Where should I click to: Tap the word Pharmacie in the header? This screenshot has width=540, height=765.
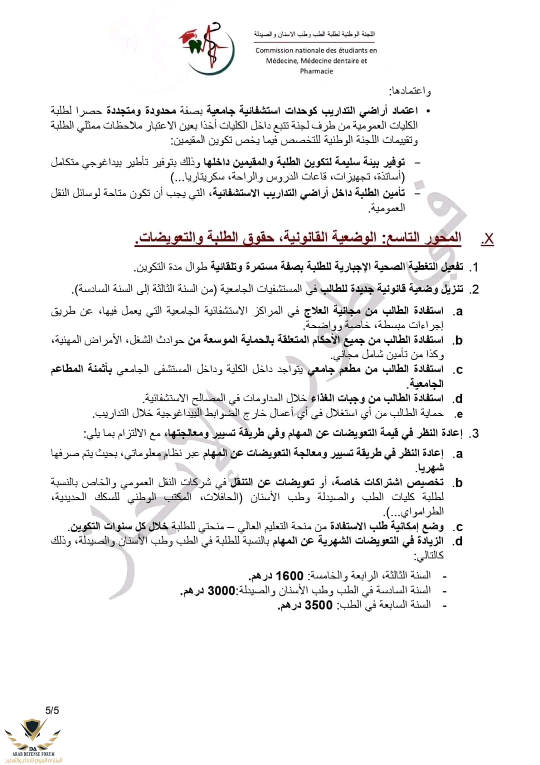tap(316, 71)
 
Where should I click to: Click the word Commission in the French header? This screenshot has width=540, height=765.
tap(274, 50)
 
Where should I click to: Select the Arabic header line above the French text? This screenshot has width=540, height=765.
tap(314, 34)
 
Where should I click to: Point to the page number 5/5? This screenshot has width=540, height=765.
tap(52, 710)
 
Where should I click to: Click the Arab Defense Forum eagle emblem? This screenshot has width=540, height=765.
tap(33, 732)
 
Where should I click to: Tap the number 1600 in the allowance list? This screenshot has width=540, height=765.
tap(289, 576)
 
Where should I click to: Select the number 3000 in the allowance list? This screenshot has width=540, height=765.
tap(221, 590)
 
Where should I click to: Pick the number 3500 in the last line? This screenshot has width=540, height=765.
tap(318, 605)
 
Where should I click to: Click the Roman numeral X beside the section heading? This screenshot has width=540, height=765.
tap(487, 239)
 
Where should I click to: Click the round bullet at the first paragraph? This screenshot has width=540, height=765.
tap(428, 110)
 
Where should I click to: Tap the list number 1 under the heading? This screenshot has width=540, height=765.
tap(475, 267)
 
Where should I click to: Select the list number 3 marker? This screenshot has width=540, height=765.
tap(474, 433)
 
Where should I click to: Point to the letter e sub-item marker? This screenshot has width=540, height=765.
tap(458, 414)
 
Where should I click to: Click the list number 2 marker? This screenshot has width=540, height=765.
tap(474, 289)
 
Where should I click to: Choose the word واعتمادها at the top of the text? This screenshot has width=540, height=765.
tap(410, 91)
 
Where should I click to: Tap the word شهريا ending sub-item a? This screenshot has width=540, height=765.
tap(429, 468)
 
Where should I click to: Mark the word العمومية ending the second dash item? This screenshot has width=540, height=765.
tap(386, 208)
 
